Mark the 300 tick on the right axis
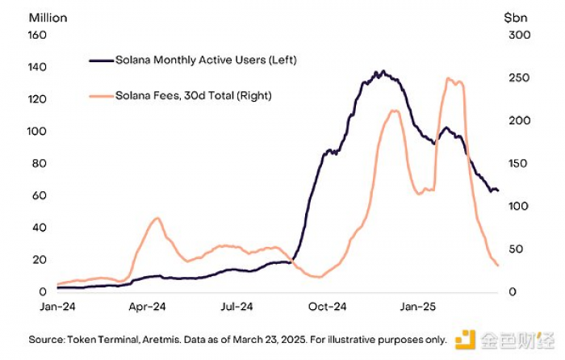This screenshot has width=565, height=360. tap(517, 35)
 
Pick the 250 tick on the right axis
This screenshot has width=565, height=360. tap(517, 77)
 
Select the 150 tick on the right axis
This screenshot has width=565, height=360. tap(517, 163)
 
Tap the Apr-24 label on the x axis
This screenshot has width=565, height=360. tap(147, 307)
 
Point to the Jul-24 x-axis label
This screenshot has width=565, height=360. tap(237, 307)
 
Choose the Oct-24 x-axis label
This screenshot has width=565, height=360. tap(328, 307)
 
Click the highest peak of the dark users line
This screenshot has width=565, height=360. tap(383, 72)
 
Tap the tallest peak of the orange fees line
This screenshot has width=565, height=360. tap(449, 78)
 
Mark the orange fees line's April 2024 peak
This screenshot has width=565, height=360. tap(157, 218)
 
